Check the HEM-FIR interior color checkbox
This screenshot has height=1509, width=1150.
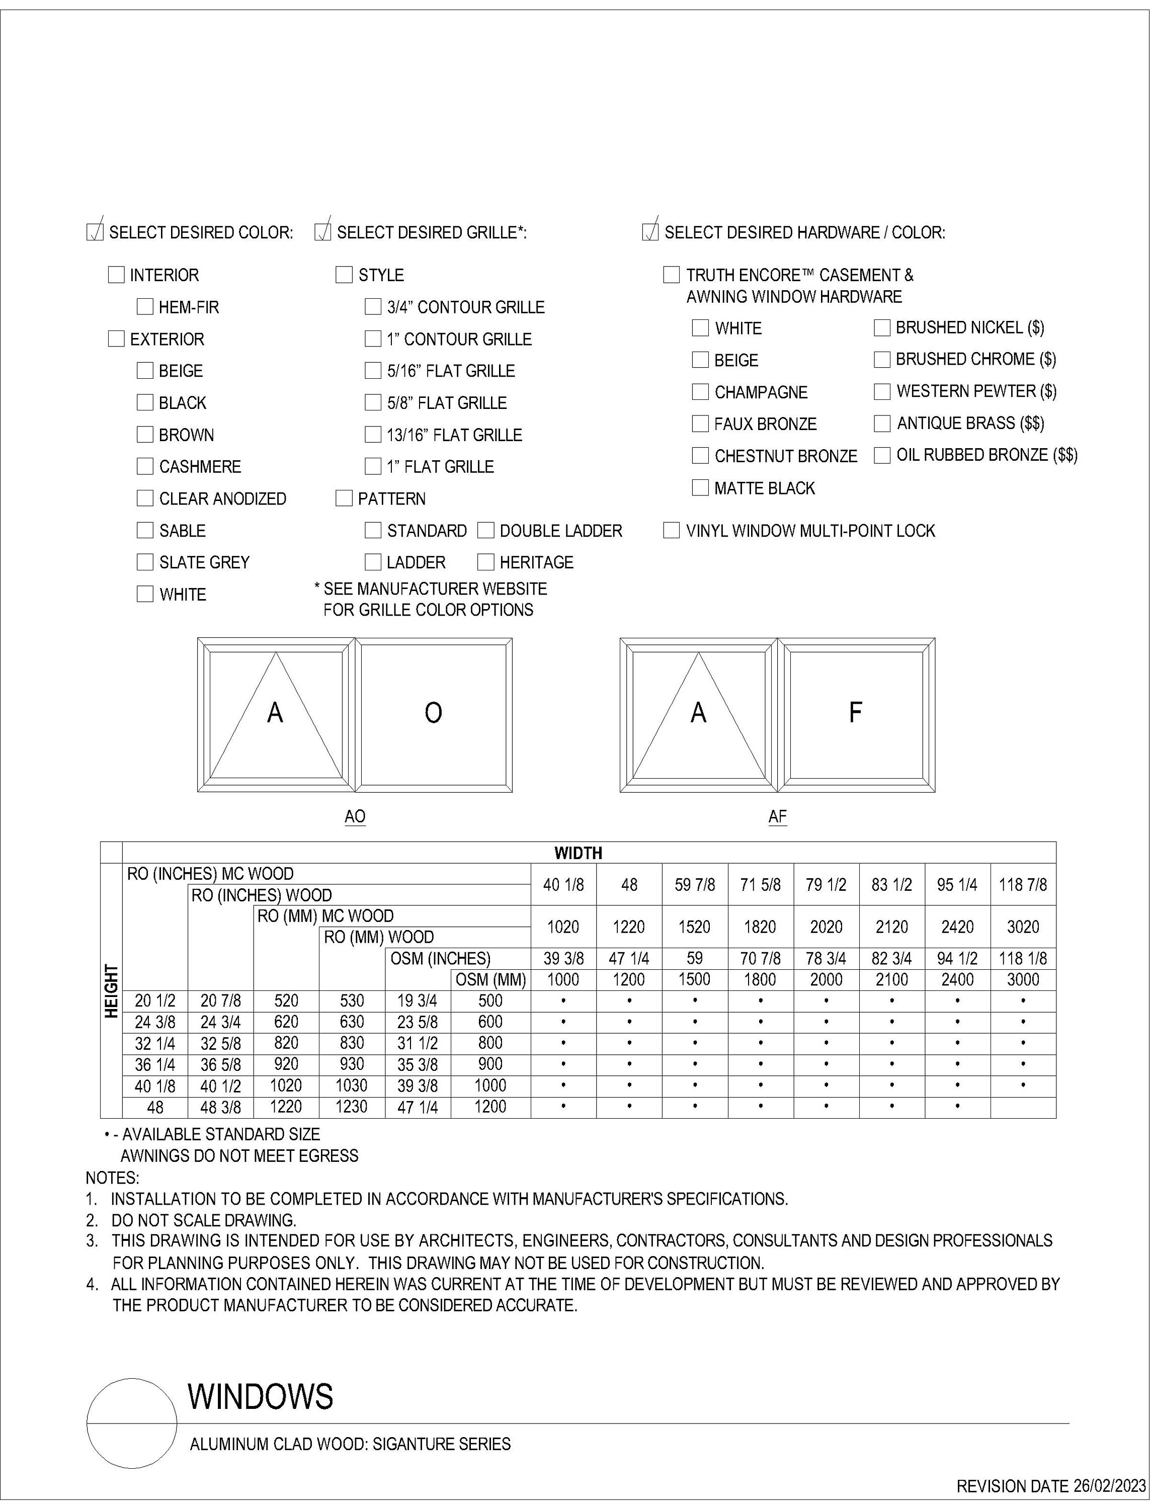144,307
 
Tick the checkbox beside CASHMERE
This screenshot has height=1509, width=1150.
144,466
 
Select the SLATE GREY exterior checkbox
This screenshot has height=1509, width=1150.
144,562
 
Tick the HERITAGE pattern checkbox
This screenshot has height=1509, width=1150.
485,562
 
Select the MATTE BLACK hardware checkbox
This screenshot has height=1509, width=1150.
700,487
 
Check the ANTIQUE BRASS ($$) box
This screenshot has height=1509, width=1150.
882,423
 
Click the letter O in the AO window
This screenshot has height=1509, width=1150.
433,713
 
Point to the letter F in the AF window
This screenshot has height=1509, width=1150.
855,713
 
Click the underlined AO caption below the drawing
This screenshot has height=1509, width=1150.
355,816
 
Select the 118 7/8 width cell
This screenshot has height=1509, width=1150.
1023,885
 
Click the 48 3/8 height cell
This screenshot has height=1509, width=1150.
220,1107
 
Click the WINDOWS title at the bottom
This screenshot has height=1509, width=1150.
260,1397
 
